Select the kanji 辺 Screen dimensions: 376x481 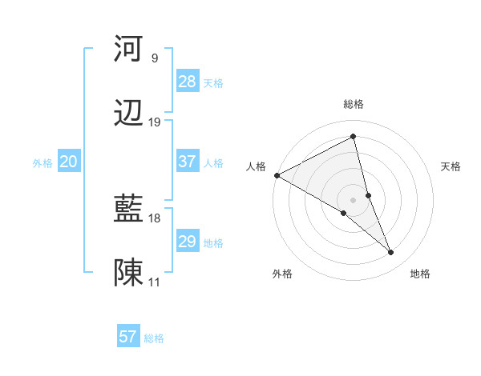tap(128, 114)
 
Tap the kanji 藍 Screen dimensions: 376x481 tap(128, 210)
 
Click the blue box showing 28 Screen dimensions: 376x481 tap(187, 82)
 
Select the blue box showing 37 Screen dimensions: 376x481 tap(187, 162)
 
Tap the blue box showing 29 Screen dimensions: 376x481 tap(187, 242)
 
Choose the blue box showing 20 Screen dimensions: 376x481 tap(68, 162)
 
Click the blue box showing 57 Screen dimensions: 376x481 tap(128, 337)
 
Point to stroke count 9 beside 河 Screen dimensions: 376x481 tap(155, 58)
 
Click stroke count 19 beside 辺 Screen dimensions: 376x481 tap(155, 122)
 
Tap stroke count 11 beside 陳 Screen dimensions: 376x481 tap(155, 282)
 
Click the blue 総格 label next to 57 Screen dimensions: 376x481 tap(154, 338)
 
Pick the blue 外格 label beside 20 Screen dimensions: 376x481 tap(42, 163)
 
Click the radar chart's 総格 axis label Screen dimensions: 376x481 tap(354, 104)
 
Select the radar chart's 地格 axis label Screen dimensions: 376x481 tap(420, 274)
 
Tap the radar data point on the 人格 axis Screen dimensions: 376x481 tap(277, 175)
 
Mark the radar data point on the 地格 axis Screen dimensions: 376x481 tap(391, 253)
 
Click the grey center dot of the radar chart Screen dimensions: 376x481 tap(354, 199)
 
